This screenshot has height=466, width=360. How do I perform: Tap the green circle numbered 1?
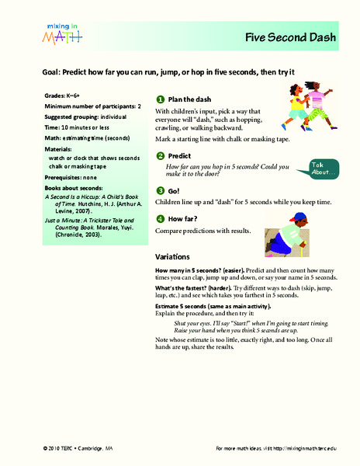[159, 100]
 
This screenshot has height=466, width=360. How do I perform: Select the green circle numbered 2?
[159, 155]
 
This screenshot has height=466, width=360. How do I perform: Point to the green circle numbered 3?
[159, 190]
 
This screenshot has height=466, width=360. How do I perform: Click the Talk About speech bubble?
[324, 168]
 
